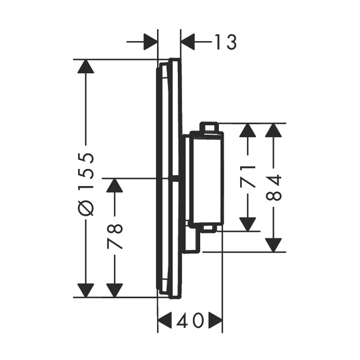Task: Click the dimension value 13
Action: [x=225, y=42]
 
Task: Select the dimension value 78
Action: [x=115, y=237]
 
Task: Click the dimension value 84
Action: [x=274, y=187]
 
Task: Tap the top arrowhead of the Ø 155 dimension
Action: [x=86, y=66]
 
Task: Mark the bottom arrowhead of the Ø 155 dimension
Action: [x=86, y=291]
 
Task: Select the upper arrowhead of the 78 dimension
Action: [x=115, y=185]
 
